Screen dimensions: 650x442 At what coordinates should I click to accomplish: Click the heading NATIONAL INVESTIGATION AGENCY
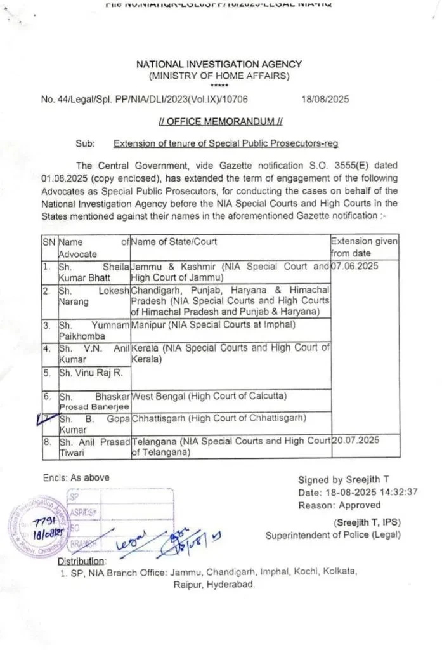click(x=219, y=64)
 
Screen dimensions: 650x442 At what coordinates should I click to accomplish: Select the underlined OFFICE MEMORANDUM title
click(x=219, y=121)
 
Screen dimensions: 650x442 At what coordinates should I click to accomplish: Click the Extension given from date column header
click(x=365, y=246)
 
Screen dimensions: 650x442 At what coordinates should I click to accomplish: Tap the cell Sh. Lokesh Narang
click(x=94, y=295)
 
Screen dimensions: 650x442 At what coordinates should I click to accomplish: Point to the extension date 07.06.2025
click(x=355, y=266)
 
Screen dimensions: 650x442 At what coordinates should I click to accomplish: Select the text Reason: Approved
click(x=339, y=505)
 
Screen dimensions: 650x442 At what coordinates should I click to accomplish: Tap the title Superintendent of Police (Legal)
click(x=333, y=535)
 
